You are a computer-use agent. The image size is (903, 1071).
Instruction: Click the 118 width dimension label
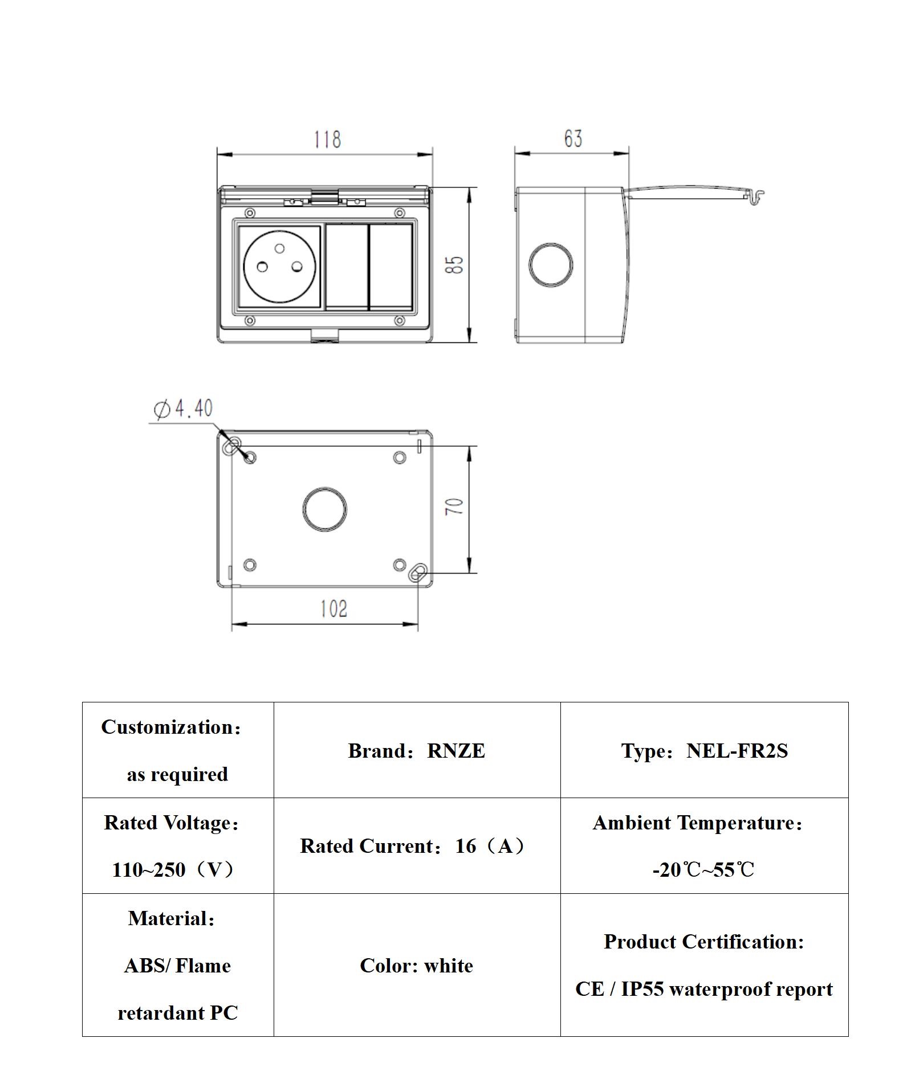pos(327,140)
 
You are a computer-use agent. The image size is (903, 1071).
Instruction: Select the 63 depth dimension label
pos(573,139)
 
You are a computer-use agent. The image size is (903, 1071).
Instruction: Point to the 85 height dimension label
pos(454,265)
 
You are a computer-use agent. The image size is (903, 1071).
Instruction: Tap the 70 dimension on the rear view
pos(454,506)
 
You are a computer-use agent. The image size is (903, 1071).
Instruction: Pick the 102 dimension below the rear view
pos(333,609)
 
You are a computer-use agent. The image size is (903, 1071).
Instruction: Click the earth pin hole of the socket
pos(279,248)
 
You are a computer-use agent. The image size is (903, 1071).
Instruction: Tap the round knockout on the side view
pos(550,265)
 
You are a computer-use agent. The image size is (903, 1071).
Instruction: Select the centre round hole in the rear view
pos(324,509)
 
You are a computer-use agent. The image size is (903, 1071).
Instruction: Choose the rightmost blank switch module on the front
pos(391,267)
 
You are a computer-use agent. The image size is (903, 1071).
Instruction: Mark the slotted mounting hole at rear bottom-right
pos(418,572)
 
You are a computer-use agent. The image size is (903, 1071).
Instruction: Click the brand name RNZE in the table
pos(456,751)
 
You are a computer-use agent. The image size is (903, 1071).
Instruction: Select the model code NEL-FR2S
pos(737,751)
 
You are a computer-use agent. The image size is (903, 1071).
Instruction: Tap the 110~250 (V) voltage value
pos(173,870)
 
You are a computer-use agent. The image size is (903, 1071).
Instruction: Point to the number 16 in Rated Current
pos(466,846)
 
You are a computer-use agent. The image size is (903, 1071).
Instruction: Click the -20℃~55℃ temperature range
pos(703,870)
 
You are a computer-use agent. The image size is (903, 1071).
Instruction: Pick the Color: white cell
pos(416,966)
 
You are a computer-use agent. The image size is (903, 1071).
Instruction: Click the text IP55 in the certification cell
pos(642,990)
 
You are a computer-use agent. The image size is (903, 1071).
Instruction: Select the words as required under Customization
pos(177,774)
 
